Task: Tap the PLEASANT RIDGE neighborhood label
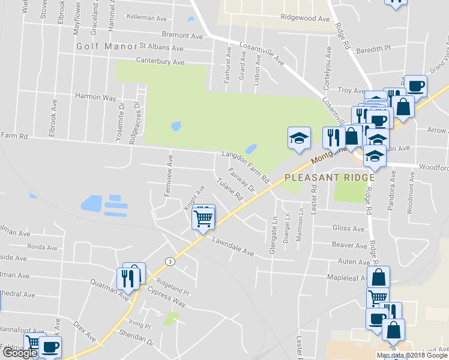coord(330,178)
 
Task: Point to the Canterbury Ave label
coord(160,61)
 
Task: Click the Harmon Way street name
coord(95,96)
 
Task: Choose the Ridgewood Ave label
coord(306,19)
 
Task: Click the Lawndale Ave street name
coord(233,246)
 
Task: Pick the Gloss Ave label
coord(348,228)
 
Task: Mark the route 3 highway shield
coord(170,262)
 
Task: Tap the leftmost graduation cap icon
coord(298,139)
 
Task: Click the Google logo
coord(20,353)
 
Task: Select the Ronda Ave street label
coord(42,247)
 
